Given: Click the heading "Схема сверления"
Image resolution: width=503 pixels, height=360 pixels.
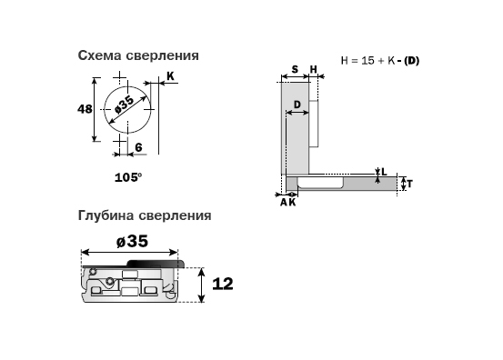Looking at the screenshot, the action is point(138,55).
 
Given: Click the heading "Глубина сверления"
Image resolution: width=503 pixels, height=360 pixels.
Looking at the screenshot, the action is point(145,215).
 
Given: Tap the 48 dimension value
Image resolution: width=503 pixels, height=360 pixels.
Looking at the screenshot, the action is point(85,109).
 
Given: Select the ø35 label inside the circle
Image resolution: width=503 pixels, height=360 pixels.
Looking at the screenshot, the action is point(125,105).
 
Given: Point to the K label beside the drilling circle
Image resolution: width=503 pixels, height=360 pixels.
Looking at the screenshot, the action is point(170,76).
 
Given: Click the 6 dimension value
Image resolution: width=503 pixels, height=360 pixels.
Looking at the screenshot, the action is point(138,147).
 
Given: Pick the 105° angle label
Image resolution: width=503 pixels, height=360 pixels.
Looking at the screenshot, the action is point(128,177).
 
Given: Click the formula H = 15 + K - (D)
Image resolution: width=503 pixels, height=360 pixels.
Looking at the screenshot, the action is point(380,61).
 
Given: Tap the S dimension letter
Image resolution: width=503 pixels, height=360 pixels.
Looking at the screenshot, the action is point(295,69).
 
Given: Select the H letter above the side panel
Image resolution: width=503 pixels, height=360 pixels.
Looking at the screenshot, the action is point(314,69).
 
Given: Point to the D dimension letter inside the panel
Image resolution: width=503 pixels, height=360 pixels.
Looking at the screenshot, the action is point(297,105).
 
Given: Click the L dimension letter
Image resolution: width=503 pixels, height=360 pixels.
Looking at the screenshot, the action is point(384,172).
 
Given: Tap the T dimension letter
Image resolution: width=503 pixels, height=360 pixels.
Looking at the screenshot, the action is point(409,184).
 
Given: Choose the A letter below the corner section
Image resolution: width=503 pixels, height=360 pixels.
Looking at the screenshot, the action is point(284,203).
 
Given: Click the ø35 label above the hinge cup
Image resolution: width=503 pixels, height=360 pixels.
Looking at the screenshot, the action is point(132,241).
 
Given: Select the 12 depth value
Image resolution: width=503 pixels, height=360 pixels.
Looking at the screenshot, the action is point(223,284).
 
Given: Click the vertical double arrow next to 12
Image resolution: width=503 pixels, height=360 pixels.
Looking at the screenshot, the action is point(201,285).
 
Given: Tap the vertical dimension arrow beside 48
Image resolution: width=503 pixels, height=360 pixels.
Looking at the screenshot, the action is point(95,109).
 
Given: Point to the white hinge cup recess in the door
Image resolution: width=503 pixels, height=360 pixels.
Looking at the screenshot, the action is point(320,182).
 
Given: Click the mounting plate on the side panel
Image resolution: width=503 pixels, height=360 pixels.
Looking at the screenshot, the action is point(314,124).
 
